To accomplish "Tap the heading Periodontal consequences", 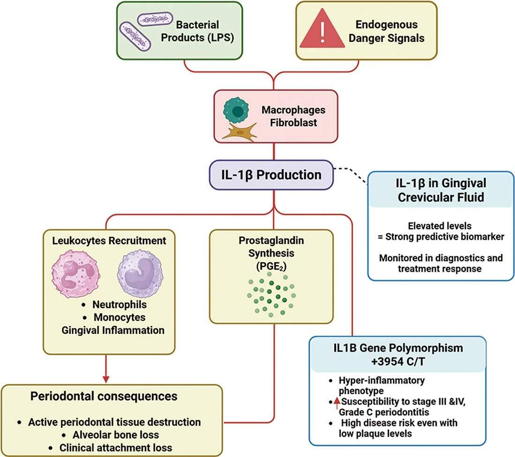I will [104, 397].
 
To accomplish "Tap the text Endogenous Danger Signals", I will [386, 31].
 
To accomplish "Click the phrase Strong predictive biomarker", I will [440, 237].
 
